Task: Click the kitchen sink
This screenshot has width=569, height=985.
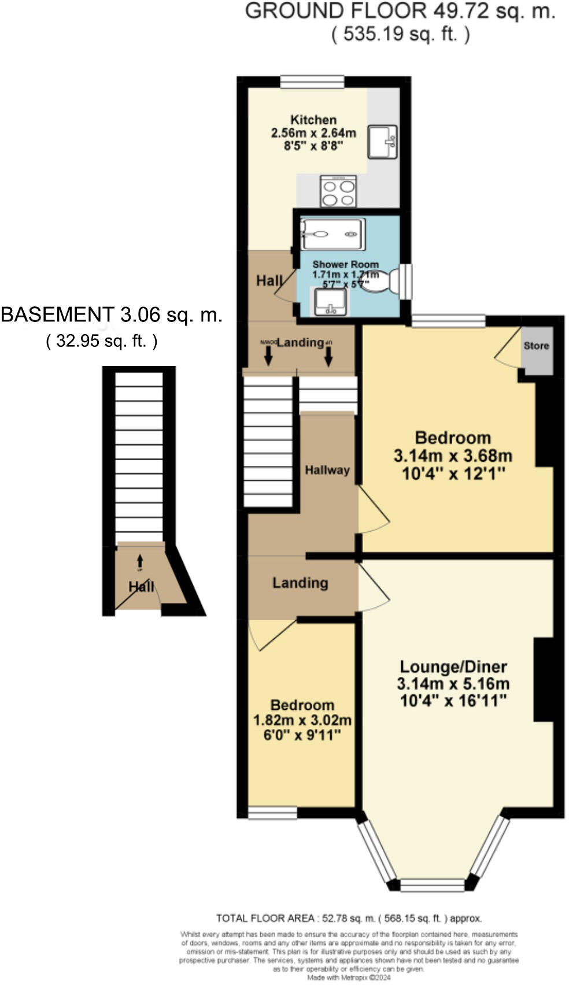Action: tap(382, 142)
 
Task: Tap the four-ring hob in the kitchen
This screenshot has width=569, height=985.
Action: tap(338, 191)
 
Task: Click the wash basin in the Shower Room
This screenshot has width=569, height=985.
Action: tap(330, 302)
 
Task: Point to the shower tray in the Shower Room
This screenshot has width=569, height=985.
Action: tap(332, 234)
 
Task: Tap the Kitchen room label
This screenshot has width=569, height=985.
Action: tap(313, 120)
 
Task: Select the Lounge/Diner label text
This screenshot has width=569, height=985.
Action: tap(453, 666)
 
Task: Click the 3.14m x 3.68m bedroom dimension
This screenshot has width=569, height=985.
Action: tap(453, 456)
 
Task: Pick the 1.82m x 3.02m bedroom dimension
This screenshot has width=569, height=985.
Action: tap(302, 720)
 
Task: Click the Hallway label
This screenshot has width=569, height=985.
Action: tap(327, 470)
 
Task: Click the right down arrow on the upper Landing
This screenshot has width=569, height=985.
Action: tap(328, 358)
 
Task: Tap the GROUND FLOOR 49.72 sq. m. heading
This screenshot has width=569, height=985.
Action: tap(400, 11)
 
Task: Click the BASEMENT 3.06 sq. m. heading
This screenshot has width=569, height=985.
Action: tap(111, 315)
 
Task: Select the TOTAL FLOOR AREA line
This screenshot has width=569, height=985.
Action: tap(349, 918)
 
